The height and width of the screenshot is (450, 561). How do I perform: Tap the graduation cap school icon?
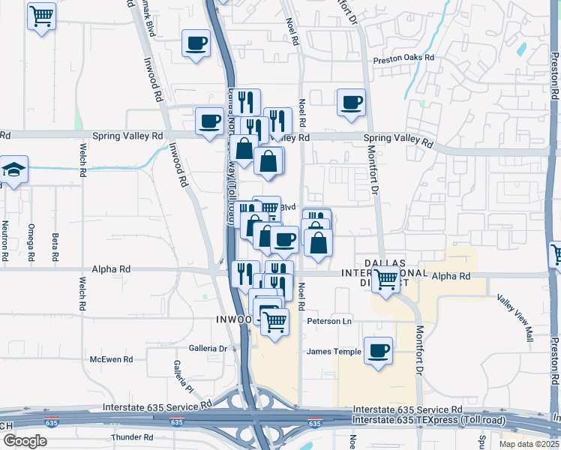tap(13, 169)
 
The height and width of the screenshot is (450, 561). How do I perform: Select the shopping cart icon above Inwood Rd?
tap(42, 15)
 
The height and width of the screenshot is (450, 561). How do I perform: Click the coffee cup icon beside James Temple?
tap(378, 350)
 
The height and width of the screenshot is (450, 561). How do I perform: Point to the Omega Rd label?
tap(31, 242)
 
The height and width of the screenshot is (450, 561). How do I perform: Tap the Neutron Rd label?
tap(5, 241)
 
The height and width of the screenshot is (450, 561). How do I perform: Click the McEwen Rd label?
tap(111, 360)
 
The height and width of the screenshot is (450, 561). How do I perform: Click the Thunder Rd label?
tap(131, 436)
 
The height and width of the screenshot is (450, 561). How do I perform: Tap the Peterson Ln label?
tap(328, 321)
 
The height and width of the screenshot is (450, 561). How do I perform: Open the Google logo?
tap(25, 440)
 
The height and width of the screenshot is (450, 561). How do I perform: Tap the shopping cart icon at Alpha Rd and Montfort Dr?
tap(386, 279)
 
